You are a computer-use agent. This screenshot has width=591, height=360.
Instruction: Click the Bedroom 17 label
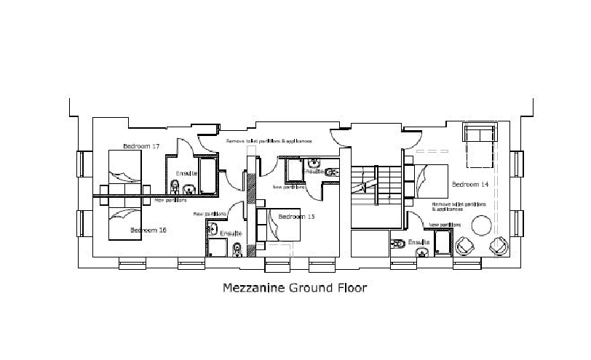click(141, 146)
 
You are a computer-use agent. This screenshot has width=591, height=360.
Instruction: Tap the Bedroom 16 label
click(148, 231)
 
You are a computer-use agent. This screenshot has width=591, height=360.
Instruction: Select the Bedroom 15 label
click(296, 217)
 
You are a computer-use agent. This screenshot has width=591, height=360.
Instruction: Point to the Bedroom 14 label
click(469, 184)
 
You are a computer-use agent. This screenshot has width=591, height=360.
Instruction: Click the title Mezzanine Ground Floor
click(295, 287)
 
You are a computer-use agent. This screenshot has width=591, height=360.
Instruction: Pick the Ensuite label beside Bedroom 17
click(186, 172)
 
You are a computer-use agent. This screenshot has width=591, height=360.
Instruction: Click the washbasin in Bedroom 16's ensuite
click(213, 232)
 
